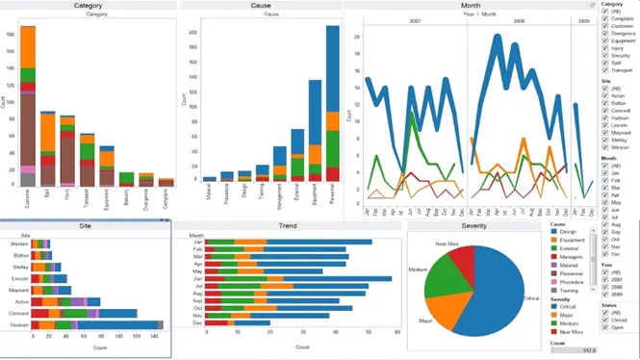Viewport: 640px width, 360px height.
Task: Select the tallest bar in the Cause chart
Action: coord(332,106)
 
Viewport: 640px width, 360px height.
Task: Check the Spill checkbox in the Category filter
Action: coord(604,63)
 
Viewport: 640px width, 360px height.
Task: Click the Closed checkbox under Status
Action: coord(604,320)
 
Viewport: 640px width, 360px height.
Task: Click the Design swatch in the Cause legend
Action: coord(554,231)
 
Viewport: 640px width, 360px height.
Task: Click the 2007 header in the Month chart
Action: coord(415,19)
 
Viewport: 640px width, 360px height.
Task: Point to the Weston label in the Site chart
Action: coord(20,244)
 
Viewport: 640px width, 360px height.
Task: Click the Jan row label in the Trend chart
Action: coord(196,242)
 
